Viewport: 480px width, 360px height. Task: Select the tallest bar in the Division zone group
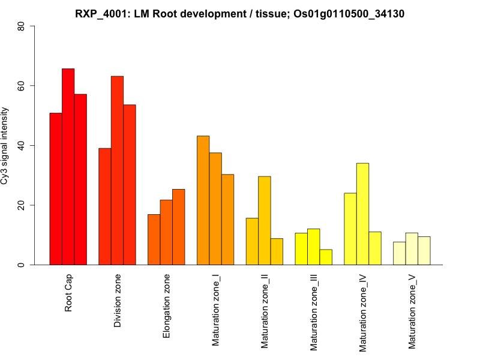[x=117, y=170]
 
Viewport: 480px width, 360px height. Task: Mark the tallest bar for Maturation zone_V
[x=412, y=249]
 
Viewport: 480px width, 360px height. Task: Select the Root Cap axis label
[x=68, y=293]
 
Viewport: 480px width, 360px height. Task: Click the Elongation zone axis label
[x=167, y=306]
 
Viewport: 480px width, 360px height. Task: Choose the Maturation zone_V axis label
[x=412, y=311]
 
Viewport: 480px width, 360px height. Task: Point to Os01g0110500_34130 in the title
[x=346, y=13]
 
